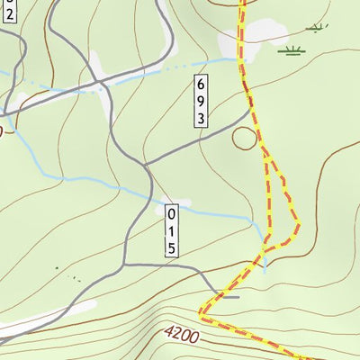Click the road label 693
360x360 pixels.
201,100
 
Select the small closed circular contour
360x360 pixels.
245,138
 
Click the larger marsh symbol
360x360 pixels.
290,50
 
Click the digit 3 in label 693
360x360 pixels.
201,117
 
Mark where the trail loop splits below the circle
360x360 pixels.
266,157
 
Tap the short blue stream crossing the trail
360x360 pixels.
265,261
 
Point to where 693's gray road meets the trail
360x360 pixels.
249,112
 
